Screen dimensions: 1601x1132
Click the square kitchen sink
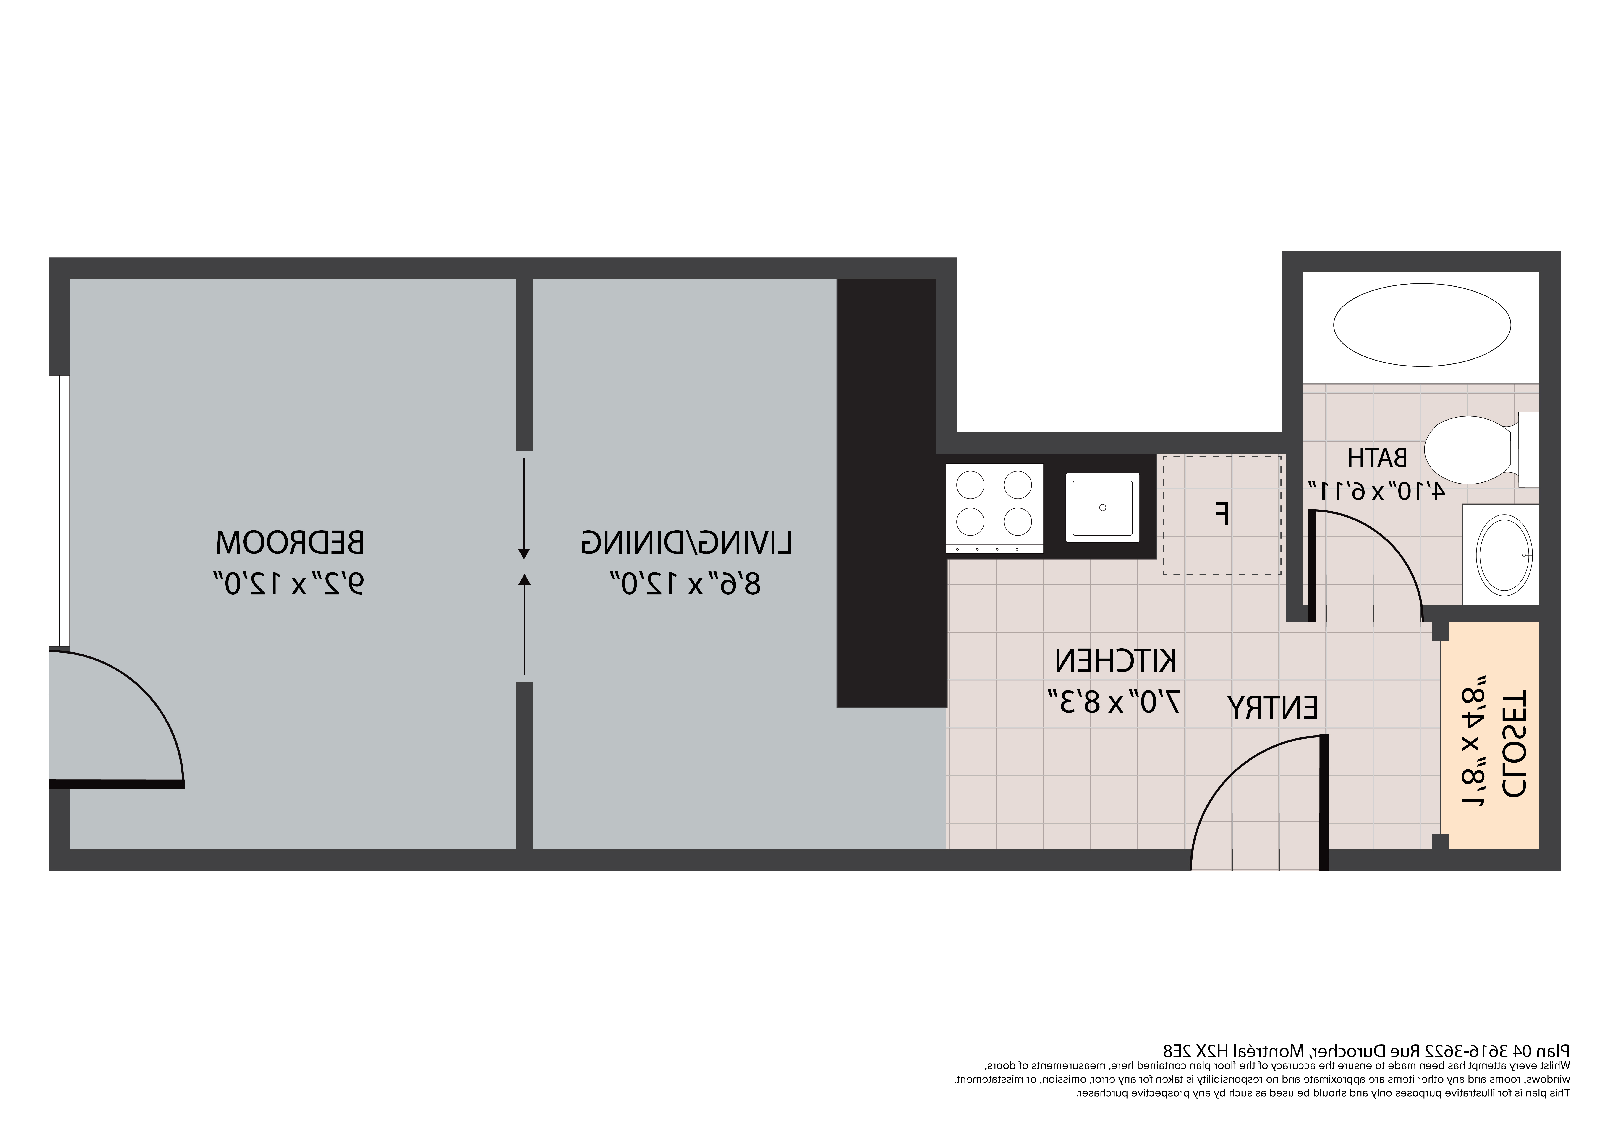(1102, 507)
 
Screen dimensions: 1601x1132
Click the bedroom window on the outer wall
(59, 510)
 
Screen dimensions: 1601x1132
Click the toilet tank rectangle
(1528, 449)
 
